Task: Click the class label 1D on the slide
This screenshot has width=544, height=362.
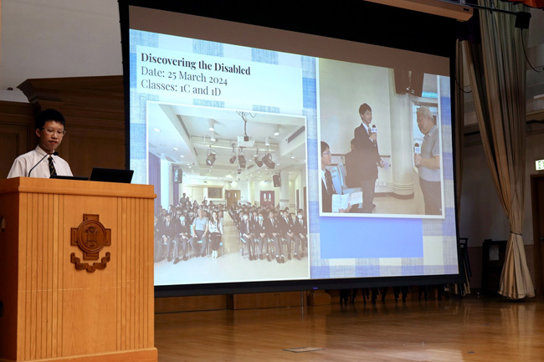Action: tap(215, 91)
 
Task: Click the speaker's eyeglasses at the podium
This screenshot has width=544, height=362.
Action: tap(54, 131)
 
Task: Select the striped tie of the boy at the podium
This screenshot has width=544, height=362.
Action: tap(52, 166)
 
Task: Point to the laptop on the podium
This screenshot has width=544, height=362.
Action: tap(111, 176)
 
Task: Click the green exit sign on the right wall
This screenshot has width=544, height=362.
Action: tap(540, 165)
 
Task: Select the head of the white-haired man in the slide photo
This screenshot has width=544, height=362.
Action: tap(424, 116)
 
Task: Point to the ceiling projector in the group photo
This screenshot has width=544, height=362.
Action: tap(245, 140)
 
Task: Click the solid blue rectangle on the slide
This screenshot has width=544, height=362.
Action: tap(371, 238)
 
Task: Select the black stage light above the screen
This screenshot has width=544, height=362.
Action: tap(522, 20)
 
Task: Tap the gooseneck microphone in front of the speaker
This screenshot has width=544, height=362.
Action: tap(43, 164)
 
